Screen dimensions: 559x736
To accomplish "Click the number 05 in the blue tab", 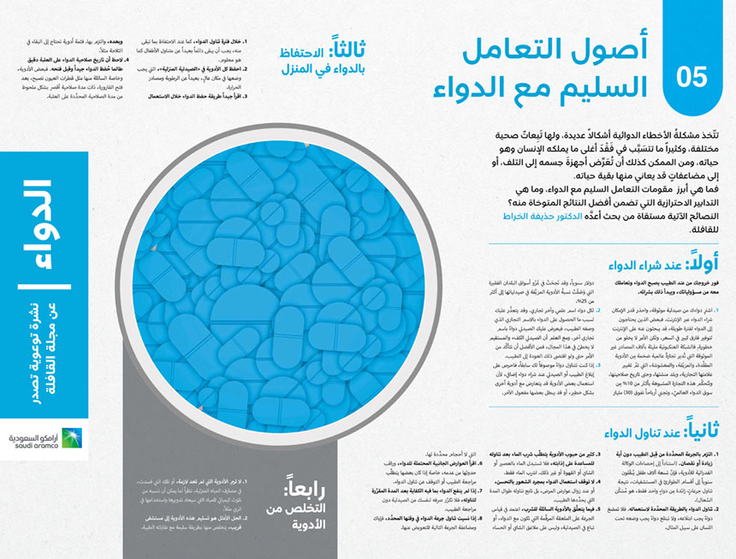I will point(692,78).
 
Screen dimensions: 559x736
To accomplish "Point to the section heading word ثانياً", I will point(685,427).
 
